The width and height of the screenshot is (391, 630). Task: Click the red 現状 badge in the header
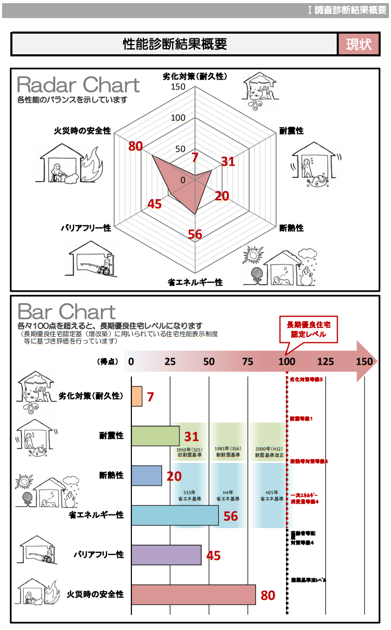coord(359,44)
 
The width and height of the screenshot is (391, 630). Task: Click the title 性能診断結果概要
coord(175,44)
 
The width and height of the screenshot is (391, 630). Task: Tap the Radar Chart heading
coord(78,85)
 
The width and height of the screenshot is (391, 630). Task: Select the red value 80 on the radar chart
coord(136,146)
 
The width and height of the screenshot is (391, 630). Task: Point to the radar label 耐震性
coord(292,131)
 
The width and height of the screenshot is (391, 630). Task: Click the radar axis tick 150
coord(178,86)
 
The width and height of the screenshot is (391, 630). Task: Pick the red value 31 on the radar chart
coord(228,161)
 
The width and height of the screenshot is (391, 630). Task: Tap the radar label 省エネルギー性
coord(195,282)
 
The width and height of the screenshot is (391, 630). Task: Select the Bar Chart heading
coord(67,312)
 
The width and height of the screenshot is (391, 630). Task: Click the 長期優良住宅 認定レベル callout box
coord(308,329)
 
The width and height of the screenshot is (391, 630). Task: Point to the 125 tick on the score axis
coord(325,362)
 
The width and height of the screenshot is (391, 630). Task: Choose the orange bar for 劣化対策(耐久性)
coord(137,396)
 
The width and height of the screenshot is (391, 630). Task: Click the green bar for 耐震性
coord(155,436)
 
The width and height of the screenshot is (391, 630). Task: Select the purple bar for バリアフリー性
coord(166,555)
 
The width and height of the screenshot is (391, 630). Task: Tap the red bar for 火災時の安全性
coord(193,595)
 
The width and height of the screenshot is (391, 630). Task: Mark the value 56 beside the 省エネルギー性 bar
coord(231,516)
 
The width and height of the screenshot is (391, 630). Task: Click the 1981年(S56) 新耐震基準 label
coord(229,452)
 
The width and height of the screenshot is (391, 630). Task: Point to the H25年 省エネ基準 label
coord(272,496)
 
